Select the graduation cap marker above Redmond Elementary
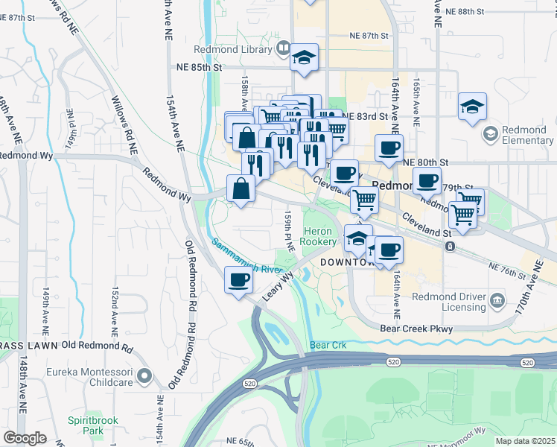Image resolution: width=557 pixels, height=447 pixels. coord(472,107)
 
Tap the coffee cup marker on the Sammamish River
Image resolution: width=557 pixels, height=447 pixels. coord(238,281)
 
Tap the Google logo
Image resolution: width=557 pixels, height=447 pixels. coord(25,438)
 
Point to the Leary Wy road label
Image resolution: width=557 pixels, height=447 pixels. coord(278,287)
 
